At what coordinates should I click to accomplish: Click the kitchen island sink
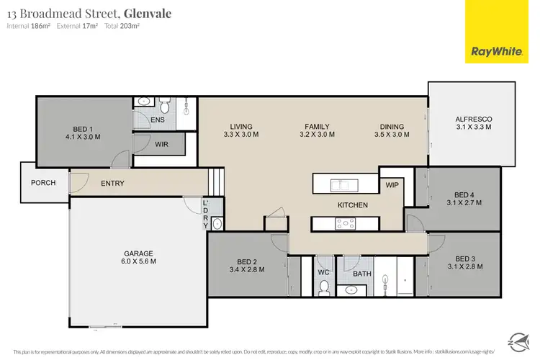pos(340,185)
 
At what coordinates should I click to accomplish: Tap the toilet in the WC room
pos(324,288)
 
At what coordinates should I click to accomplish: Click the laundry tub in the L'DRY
pos(217,225)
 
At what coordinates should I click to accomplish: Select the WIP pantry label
pos(392,186)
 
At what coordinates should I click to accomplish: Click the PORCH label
pos(43,183)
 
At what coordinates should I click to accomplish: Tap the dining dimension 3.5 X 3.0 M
pos(392,135)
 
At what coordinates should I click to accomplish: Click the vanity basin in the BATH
pos(351,290)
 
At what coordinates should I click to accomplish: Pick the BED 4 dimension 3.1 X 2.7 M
pos(465,202)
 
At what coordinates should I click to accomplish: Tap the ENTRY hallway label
pos(112,184)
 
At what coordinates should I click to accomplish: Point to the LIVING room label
pos(240,126)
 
